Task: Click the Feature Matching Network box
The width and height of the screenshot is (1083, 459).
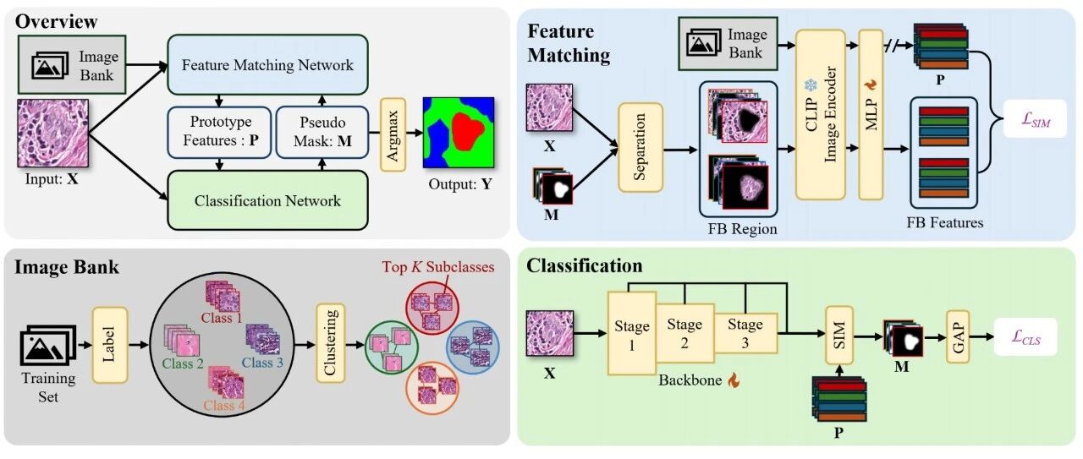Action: pos(267,64)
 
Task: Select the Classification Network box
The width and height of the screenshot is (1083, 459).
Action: pos(267,200)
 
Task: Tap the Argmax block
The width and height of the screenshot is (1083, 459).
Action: pos(393,134)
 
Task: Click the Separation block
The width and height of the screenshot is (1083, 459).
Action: pos(640,147)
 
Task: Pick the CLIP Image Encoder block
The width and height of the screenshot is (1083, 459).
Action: pos(821,114)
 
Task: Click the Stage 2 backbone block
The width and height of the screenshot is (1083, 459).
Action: pos(684,333)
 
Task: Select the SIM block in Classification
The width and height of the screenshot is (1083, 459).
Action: pos(838,335)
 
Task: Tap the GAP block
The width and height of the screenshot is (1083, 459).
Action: pos(958,336)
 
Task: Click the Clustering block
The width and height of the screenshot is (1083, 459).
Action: pos(330,343)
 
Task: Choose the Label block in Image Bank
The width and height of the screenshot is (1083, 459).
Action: pos(110,345)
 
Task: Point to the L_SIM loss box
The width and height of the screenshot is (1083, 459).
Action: pos(1035,119)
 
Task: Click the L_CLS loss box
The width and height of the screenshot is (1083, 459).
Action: pos(1025,336)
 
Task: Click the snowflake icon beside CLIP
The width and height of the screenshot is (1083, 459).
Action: pos(810,85)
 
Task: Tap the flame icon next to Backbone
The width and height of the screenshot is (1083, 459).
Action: pos(734,380)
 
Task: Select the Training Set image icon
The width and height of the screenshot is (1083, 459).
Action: pos(48,345)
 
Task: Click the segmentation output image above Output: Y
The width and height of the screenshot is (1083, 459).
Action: pos(459,133)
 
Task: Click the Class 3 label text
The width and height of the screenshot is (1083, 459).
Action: pos(262,363)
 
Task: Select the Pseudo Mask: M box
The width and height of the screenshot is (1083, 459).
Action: pos(322,132)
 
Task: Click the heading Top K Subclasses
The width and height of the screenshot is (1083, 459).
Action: pos(438,267)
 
